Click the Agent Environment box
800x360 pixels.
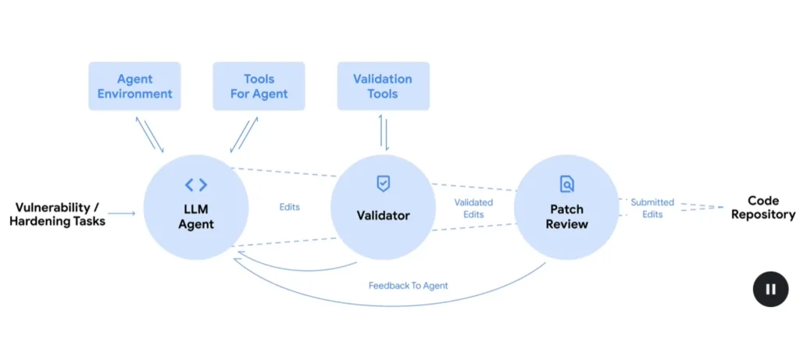coord(134,86)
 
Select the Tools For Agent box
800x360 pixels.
coord(259,86)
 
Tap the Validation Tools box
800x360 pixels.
coord(383,86)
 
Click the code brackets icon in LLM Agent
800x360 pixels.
coord(196,185)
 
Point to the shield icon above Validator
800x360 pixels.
coord(383,184)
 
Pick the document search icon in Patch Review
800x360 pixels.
coord(567,184)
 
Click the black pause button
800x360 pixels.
coord(770,289)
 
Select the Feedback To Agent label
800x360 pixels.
coord(408,286)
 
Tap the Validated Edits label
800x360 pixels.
coord(473,209)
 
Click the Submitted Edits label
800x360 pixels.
coord(652,208)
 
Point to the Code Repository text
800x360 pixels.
coord(762,208)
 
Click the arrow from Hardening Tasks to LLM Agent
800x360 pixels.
coord(122,212)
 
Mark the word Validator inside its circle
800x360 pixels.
coord(383,215)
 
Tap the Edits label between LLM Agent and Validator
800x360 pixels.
coord(289,208)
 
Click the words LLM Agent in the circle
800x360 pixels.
coord(196,218)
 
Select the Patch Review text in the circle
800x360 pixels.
coord(567,217)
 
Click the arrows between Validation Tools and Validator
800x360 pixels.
coord(383,131)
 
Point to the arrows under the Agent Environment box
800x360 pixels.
coord(150,134)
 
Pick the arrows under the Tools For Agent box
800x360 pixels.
coord(244,134)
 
